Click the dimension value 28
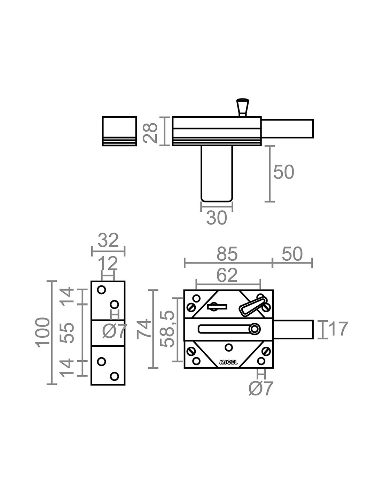150,131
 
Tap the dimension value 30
217,218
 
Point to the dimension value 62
227,275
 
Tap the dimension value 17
338,329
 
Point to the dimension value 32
108,240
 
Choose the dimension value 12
108,264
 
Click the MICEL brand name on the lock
228,362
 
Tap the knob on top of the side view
243,107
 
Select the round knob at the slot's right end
255,329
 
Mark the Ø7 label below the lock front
261,388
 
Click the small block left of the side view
119,131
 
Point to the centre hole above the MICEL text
229,347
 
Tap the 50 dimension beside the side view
283,172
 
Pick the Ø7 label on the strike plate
115,331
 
